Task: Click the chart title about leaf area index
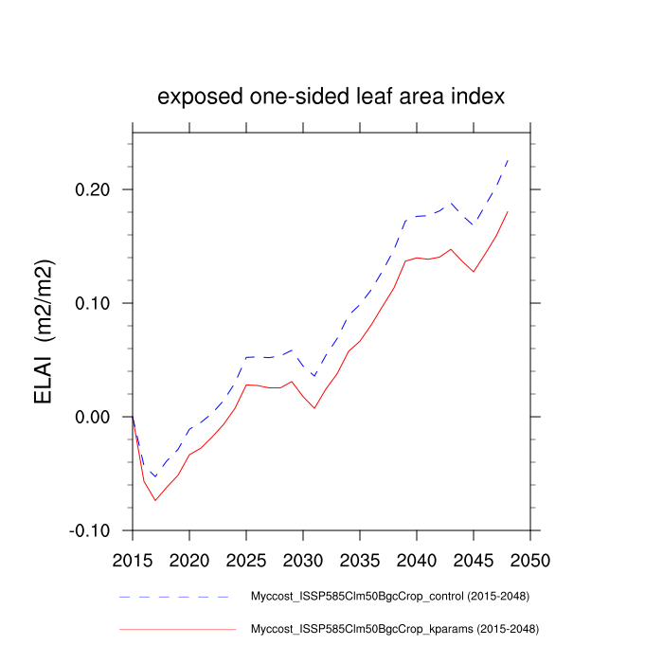pos(331,98)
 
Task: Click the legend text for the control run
pos(388,598)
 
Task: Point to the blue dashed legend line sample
pos(175,598)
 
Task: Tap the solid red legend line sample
pos(175,628)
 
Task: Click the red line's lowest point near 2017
pos(155,500)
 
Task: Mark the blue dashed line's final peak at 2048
pos(508,160)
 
